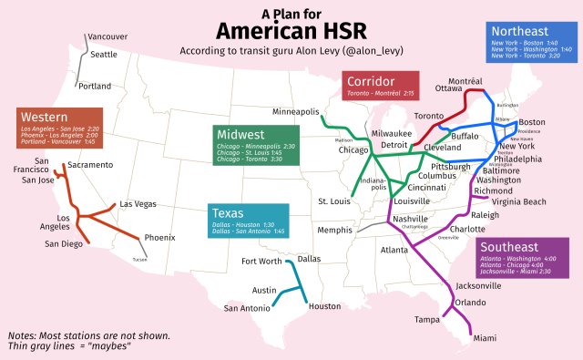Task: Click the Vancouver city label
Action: tap(108, 37)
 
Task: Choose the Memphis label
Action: tap(334, 230)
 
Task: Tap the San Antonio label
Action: tap(247, 308)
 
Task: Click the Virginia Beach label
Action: tap(519, 201)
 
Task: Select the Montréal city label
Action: tap(465, 81)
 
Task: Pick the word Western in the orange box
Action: tap(46, 118)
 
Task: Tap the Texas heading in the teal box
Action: tap(229, 211)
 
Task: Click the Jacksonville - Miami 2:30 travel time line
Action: tap(517, 271)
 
